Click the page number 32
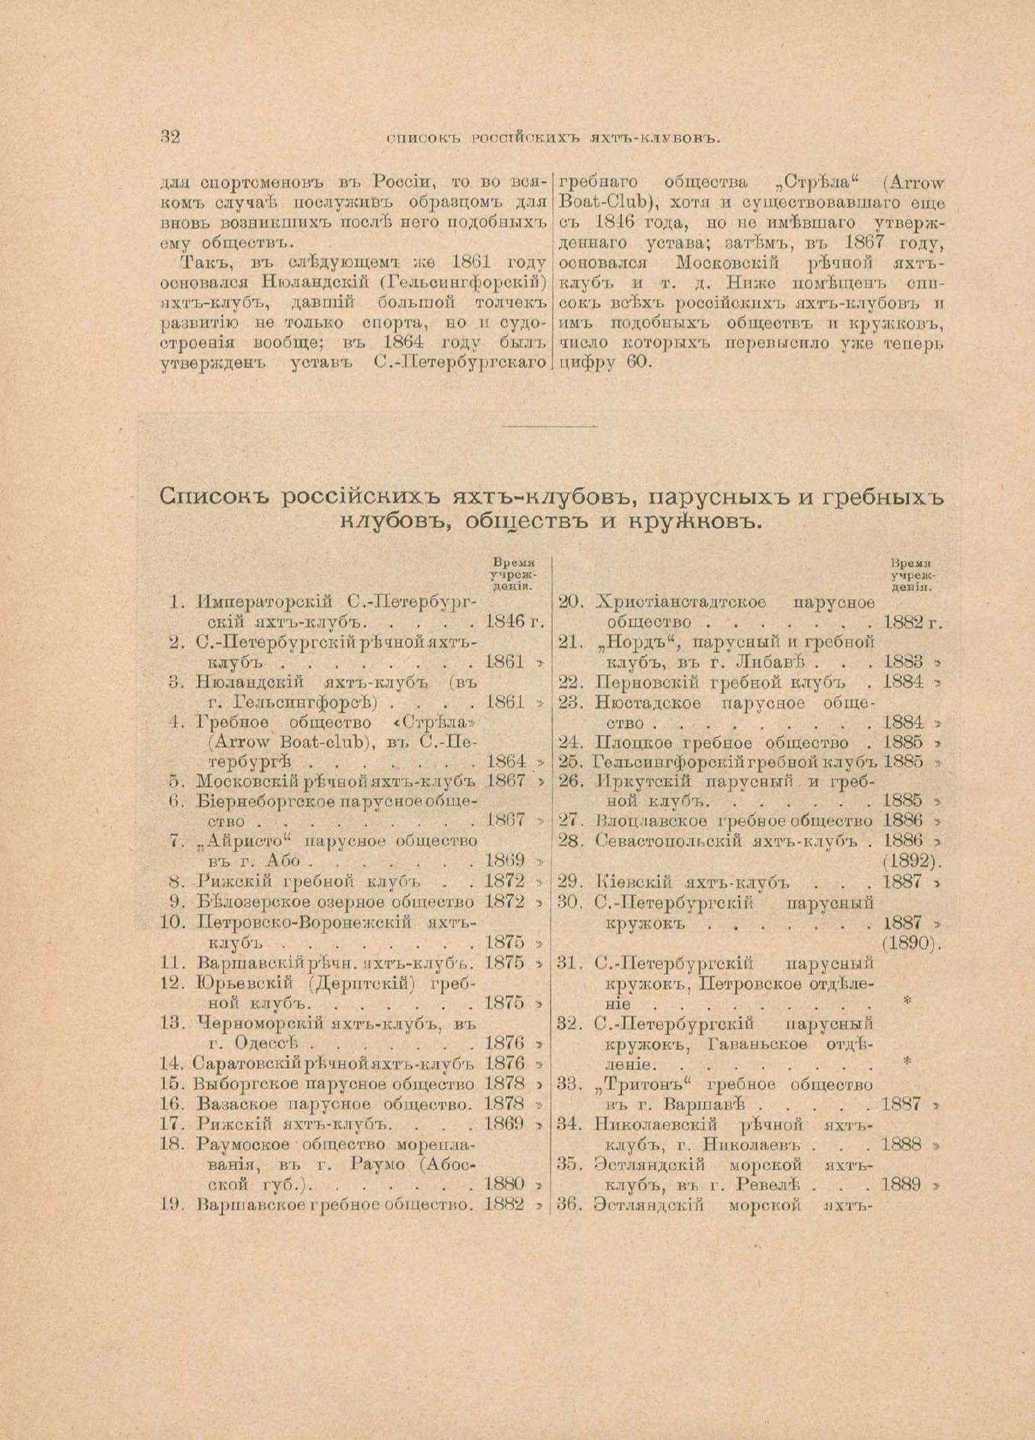pos(170,136)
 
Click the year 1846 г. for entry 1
pos(513,621)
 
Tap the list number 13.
pos(172,1021)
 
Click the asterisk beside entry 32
pos(907,1061)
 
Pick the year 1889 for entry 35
pos(902,1186)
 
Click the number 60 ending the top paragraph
pos(640,363)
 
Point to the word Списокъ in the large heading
pos(218,498)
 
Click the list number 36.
pos(571,1206)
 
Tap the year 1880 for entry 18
pos(505,1186)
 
